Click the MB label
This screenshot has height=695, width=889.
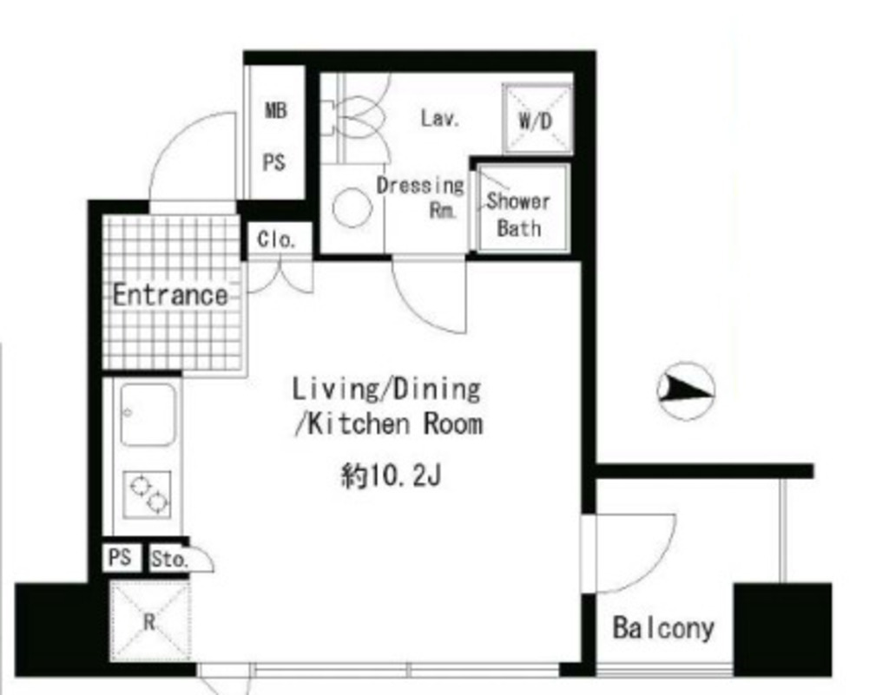[x=276, y=109]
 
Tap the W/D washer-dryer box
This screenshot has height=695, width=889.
[x=537, y=119]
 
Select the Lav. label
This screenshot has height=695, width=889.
[x=440, y=118]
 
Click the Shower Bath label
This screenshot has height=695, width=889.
[x=518, y=214]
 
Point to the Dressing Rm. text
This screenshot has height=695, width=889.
[x=420, y=197]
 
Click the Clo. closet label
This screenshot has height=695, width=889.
[x=276, y=239]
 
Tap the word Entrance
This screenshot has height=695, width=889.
[x=170, y=294]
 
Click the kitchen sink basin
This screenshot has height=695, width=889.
[x=148, y=414]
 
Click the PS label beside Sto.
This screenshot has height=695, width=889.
[x=120, y=557]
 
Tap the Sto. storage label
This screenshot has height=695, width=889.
[x=169, y=559]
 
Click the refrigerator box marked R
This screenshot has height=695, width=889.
[x=149, y=621]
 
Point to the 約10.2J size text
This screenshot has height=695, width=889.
[x=391, y=475]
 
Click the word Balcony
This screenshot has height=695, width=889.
[x=663, y=627]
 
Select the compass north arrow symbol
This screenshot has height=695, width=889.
[x=686, y=390]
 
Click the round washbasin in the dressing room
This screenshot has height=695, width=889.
[x=352, y=208]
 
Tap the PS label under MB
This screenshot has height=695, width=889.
[x=273, y=163]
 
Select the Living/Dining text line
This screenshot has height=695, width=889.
[x=386, y=389]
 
